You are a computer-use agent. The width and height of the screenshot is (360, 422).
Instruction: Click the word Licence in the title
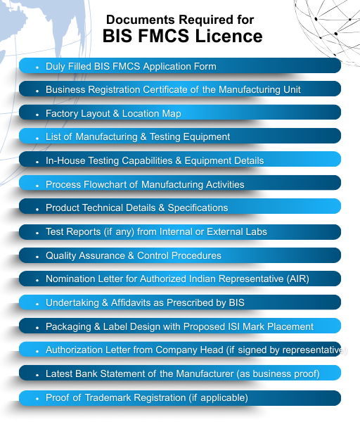coord(229,36)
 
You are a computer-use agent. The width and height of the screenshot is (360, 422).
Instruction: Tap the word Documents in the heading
coord(141,20)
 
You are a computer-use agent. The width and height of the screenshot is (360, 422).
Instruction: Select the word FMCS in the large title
coord(164,36)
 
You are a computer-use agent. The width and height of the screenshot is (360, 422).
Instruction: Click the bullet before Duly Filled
coord(37,68)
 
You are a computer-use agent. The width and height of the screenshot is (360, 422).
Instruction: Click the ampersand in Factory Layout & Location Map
coord(116,113)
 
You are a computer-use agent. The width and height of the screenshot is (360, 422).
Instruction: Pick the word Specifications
coord(198,207)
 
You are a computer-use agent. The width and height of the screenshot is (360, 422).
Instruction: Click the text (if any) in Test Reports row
coord(119,231)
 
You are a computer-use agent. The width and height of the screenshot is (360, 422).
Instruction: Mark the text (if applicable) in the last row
coord(218,398)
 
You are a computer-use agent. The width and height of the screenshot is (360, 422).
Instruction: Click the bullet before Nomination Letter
coord(37,280)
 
